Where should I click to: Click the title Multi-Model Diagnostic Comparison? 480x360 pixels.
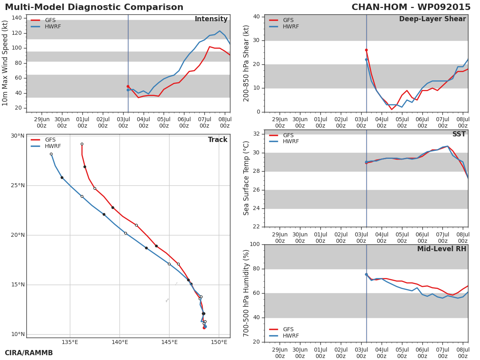[94, 7]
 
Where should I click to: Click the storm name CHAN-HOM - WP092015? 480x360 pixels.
[411, 7]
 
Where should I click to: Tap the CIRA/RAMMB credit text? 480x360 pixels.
[29, 353]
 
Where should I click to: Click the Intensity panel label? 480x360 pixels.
[211, 19]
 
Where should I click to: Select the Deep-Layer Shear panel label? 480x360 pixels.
[432, 19]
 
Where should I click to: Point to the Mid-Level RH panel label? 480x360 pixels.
[442, 249]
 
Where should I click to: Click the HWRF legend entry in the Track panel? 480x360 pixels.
[46, 146]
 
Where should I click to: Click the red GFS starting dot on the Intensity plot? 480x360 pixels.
[128, 86]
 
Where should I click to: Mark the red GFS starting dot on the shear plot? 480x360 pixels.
[366, 50]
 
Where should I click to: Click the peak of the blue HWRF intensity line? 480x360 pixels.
[220, 31]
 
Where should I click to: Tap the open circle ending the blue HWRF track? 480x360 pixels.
[51, 154]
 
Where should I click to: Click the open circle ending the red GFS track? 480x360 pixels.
[82, 144]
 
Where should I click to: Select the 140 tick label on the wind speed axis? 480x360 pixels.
[17, 18]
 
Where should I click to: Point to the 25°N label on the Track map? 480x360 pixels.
[18, 186]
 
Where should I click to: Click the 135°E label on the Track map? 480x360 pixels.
[70, 342]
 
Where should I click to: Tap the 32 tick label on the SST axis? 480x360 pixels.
[256, 134]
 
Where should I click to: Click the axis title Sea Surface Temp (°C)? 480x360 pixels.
[246, 178]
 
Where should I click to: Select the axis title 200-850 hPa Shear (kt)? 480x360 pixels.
[246, 63]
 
